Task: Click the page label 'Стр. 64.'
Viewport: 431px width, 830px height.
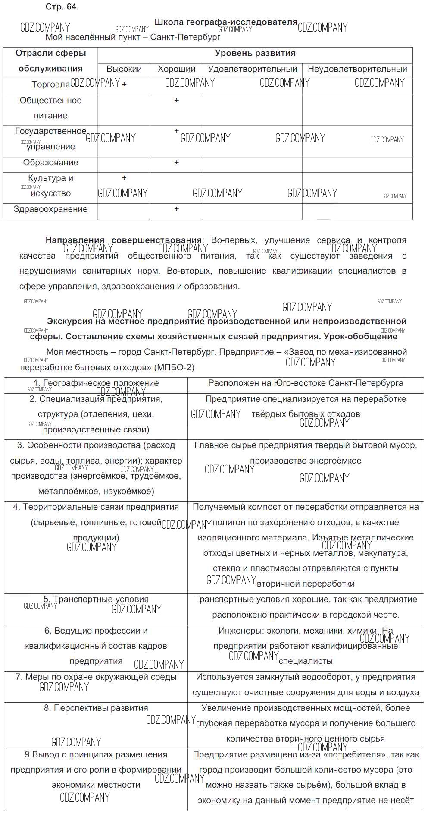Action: pyautogui.click(x=62, y=7)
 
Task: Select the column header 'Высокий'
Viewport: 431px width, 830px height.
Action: pyautogui.click(x=124, y=69)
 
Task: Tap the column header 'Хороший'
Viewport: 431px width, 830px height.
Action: pyautogui.click(x=176, y=69)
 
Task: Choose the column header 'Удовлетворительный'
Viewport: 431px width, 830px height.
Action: pyautogui.click(x=253, y=69)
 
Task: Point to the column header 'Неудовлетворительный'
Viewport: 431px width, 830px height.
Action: pyautogui.click(x=357, y=69)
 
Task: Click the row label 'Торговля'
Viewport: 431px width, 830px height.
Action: pyautogui.click(x=50, y=84)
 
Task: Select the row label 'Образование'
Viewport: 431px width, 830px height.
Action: pyautogui.click(x=50, y=162)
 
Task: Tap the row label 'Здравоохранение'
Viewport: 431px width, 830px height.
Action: pyautogui.click(x=50, y=209)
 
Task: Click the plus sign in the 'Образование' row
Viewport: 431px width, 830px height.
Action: pyautogui.click(x=176, y=162)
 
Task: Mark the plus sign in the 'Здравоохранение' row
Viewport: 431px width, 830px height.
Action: pyautogui.click(x=176, y=209)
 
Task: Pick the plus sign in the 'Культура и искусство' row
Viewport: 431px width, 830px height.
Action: pyautogui.click(x=124, y=178)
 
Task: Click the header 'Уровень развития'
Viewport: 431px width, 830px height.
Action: pyautogui.click(x=255, y=53)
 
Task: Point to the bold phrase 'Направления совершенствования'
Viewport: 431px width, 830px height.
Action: pyautogui.click(x=123, y=240)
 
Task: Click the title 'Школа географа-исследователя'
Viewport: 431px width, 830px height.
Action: pyautogui.click(x=226, y=22)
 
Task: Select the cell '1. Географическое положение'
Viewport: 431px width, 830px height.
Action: pyautogui.click(x=96, y=383)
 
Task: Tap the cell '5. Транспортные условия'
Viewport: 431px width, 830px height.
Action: pyautogui.click(x=96, y=599)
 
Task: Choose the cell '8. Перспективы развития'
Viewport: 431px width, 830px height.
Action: pyautogui.click(x=96, y=708)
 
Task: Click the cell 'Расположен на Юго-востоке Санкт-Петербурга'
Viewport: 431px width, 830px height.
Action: pyautogui.click(x=306, y=383)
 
